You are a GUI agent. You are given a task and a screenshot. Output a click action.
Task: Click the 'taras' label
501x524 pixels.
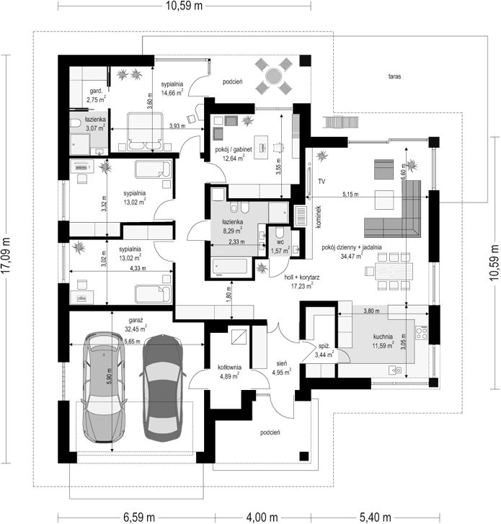pos(394,76)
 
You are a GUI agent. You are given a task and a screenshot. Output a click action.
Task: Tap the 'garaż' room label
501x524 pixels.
pos(136,320)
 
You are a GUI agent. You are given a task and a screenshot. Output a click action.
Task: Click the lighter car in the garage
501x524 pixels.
pos(104,387)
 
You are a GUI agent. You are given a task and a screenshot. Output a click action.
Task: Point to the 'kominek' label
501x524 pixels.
pos(318,216)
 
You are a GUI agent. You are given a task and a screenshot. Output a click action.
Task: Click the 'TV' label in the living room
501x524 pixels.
pos(322,182)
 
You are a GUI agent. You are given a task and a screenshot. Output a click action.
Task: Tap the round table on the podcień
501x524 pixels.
pos(273,76)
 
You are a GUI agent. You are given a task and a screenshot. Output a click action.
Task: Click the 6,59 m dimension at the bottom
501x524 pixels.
pos(139,518)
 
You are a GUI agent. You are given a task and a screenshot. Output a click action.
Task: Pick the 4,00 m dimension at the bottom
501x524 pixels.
pos(262,518)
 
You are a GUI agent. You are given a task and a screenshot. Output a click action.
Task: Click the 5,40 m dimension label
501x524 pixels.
pos(376,518)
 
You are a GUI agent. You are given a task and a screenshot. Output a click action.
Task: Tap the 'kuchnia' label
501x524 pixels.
pos(383,337)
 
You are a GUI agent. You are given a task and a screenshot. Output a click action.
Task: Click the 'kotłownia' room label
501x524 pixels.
pos(229,368)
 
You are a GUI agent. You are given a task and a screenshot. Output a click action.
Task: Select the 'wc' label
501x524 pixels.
pos(280,241)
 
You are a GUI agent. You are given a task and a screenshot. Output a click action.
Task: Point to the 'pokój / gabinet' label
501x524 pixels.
pos(234,149)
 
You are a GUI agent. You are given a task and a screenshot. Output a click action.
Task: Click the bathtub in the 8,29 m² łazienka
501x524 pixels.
pos(230,267)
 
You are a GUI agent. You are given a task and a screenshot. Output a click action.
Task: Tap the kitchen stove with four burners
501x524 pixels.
pos(422,332)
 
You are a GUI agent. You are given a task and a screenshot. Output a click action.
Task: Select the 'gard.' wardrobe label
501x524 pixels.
pos(96,91)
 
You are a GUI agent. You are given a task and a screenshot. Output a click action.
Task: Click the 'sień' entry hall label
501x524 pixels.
pos(281,363)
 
